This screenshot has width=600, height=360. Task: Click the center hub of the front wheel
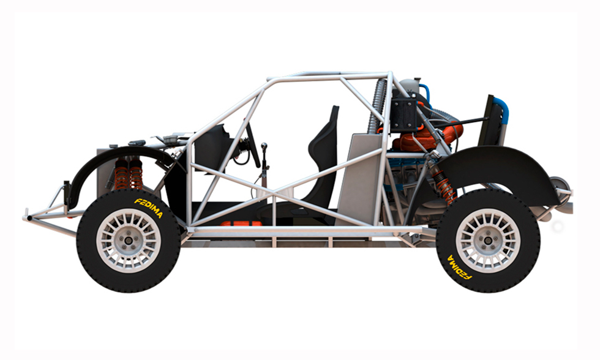(x=128, y=240)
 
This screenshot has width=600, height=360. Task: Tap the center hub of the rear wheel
(x=488, y=240)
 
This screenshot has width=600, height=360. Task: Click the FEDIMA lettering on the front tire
(x=149, y=208)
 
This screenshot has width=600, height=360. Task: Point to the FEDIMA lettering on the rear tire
(x=459, y=268)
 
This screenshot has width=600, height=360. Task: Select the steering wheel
(x=253, y=145)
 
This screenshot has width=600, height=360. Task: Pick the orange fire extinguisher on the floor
(x=241, y=223)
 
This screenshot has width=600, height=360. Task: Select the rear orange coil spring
(x=444, y=187)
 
